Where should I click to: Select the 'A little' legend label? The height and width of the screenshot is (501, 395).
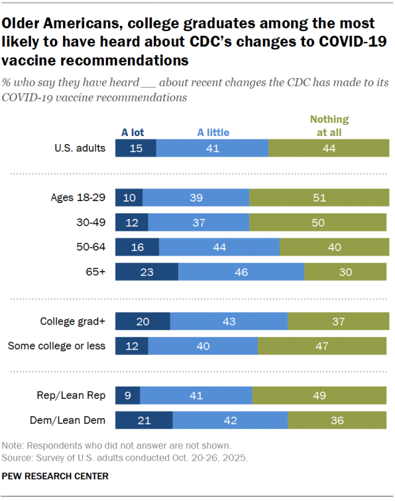pos(213,132)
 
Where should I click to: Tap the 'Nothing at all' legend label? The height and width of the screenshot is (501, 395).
pos(329,125)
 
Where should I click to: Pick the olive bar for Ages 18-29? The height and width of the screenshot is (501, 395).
pos(319,197)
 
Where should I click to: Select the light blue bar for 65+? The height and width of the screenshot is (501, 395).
pos(241,272)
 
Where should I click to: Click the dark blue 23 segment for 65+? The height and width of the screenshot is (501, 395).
pos(147,272)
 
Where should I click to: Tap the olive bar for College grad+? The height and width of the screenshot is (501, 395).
pos(338,321)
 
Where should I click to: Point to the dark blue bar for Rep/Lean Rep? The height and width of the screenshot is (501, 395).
pos(128,395)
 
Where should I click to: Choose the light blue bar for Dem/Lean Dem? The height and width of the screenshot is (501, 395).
pos(230,420)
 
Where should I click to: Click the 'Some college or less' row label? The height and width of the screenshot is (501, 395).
pos(56,346)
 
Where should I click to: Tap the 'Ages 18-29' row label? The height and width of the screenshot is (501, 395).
pos(79,197)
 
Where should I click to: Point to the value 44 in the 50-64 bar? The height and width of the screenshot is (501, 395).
pos(219,247)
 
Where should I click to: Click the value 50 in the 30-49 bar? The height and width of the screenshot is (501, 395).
pos(318,222)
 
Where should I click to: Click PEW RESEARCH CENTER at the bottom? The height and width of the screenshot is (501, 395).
pos(56,476)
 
